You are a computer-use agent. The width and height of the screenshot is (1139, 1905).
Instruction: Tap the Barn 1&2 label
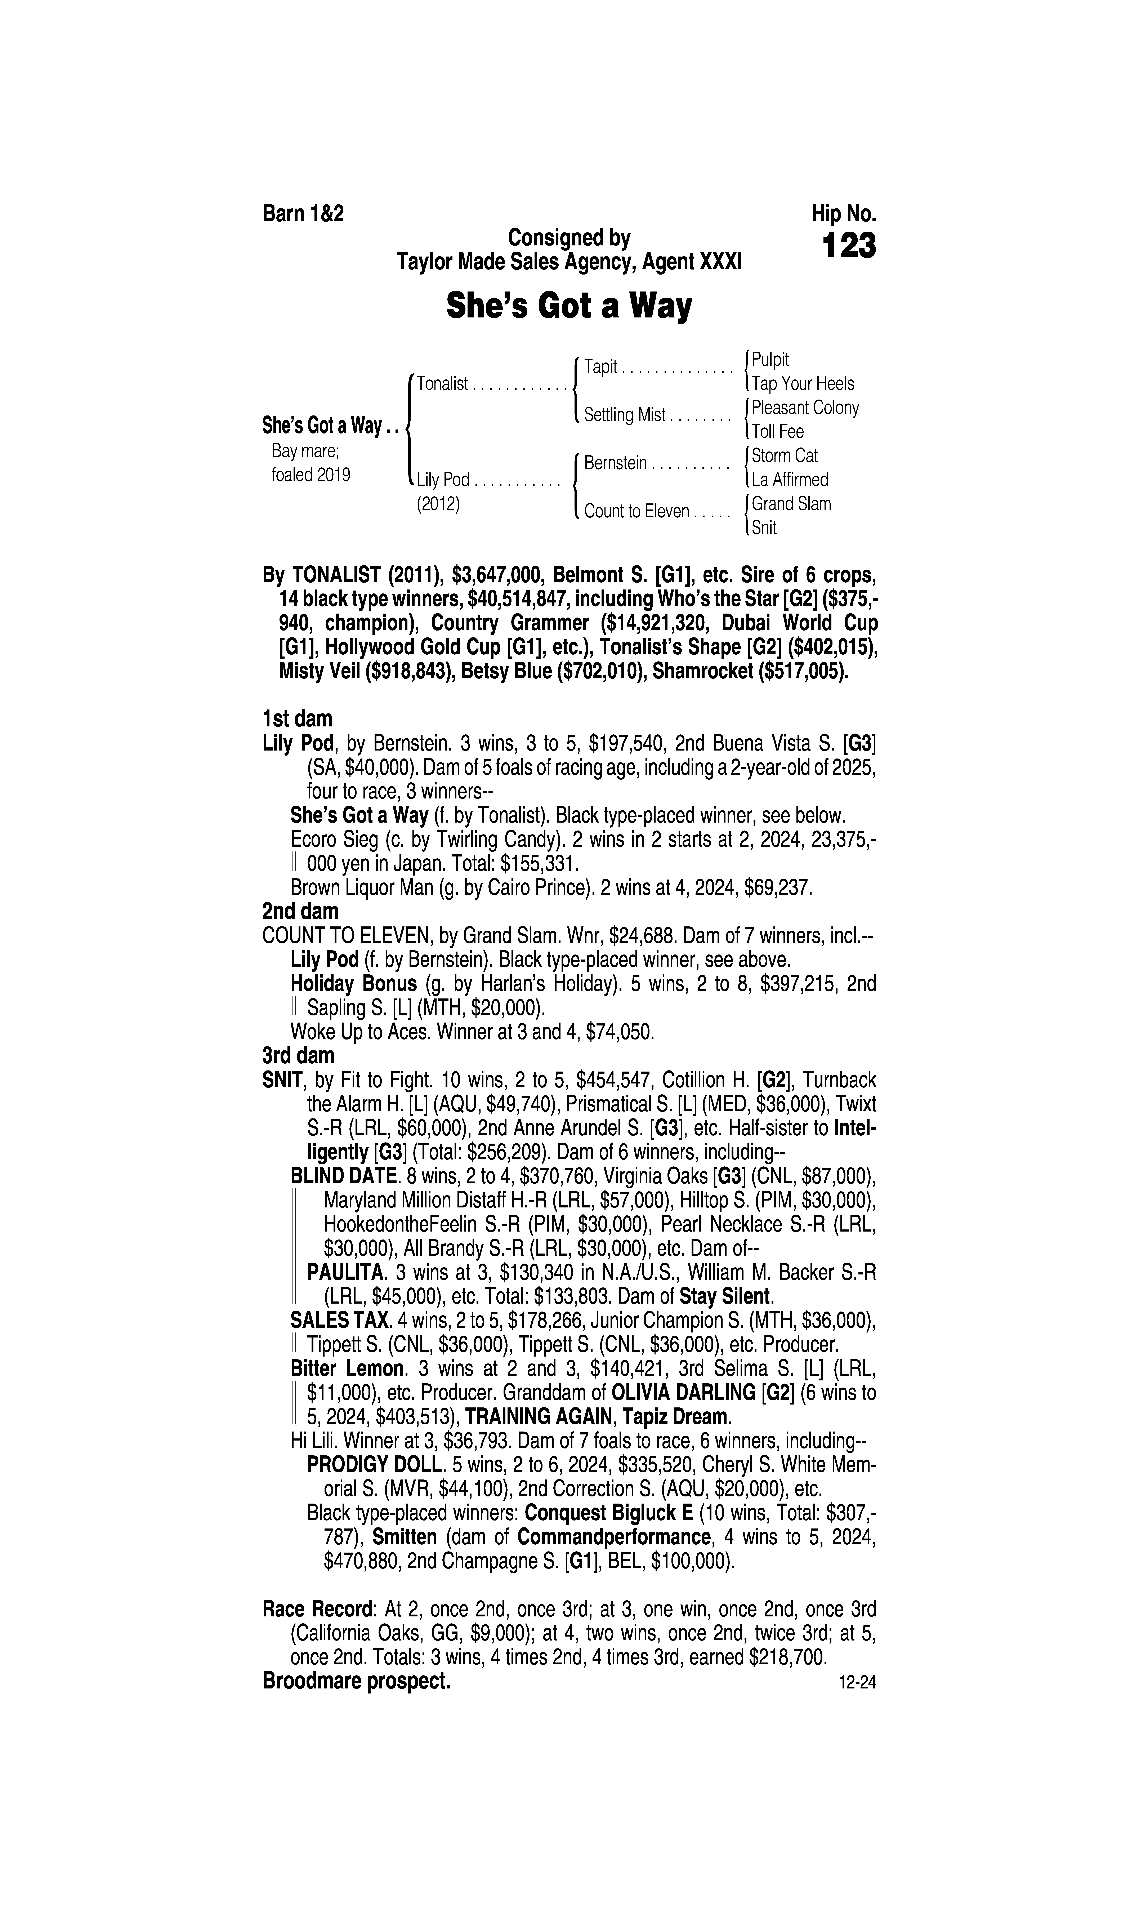303,214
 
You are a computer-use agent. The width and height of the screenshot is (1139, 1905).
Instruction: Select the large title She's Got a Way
569,306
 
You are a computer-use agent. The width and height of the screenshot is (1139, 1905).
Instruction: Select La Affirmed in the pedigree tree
790,480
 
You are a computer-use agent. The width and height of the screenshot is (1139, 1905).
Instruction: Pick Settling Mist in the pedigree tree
624,415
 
